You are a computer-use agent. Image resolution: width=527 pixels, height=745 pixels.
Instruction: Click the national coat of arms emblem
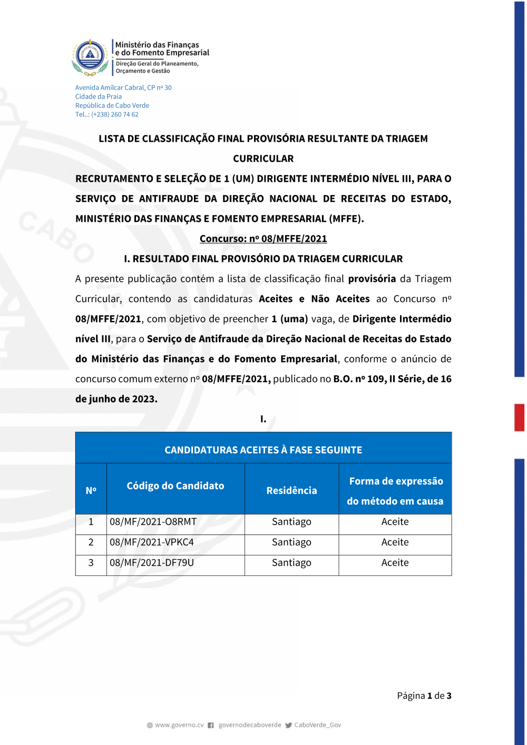pyautogui.click(x=90, y=56)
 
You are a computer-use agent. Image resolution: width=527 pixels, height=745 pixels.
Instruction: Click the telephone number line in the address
pyautogui.click(x=106, y=114)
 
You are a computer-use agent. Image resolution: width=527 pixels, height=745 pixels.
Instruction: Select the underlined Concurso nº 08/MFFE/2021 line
pyautogui.click(x=263, y=239)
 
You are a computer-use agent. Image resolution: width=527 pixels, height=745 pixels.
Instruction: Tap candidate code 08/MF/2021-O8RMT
pyautogui.click(x=153, y=522)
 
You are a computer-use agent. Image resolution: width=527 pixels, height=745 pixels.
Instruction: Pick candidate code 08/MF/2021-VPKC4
pyautogui.click(x=152, y=542)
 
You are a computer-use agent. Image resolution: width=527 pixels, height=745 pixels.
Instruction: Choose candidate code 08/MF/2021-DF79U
pyautogui.click(x=152, y=563)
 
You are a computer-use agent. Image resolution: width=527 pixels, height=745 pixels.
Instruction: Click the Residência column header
pyautogui.click(x=291, y=491)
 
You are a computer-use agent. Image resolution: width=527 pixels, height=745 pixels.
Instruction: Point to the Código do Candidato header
pyautogui.click(x=175, y=486)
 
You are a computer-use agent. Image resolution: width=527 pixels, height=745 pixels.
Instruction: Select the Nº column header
pyautogui.click(x=91, y=491)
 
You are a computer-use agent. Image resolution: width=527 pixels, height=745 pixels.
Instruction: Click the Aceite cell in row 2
pyautogui.click(x=395, y=542)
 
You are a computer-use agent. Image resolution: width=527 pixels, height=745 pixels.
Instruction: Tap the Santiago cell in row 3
pyautogui.click(x=291, y=563)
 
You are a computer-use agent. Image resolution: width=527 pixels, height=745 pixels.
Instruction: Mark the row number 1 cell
pyautogui.click(x=91, y=522)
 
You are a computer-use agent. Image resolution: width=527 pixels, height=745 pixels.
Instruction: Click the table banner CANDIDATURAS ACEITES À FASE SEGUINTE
pyautogui.click(x=263, y=450)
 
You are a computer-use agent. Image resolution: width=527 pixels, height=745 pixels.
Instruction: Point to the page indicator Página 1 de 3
pyautogui.click(x=424, y=695)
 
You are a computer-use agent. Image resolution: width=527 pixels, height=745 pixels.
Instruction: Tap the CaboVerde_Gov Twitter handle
pyautogui.click(x=317, y=725)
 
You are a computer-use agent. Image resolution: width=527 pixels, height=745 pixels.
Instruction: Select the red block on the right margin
pyautogui.click(x=519, y=417)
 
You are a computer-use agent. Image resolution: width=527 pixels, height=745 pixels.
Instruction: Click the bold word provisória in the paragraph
pyautogui.click(x=372, y=279)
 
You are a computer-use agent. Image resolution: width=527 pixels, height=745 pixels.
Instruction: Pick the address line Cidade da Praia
pyautogui.click(x=99, y=96)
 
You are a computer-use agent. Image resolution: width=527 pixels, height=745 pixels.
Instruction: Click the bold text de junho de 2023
pyautogui.click(x=116, y=399)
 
